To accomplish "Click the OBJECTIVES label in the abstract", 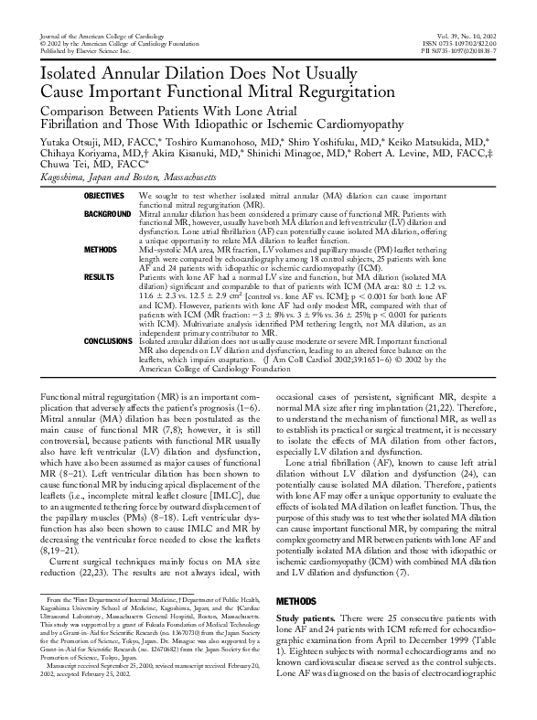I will coord(103,197).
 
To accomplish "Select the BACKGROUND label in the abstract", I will coord(105,213).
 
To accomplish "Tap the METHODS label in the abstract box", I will coord(101,249).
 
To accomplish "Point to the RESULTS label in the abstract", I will coord(99,275).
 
